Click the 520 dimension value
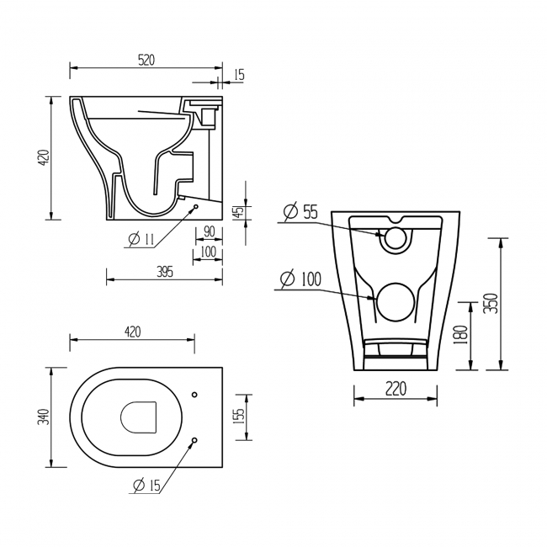pyautogui.click(x=145, y=60)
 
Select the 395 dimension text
pyautogui.click(x=164, y=271)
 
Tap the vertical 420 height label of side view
pyautogui.click(x=45, y=157)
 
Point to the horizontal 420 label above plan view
pyautogui.click(x=132, y=332)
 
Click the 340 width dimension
pyautogui.click(x=45, y=416)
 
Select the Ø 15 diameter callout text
pyautogui.click(x=146, y=485)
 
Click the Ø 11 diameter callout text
pyautogui.click(x=141, y=240)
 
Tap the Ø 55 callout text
pyautogui.click(x=300, y=212)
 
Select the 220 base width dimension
pyautogui.click(x=396, y=389)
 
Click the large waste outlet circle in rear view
pyautogui.click(x=395, y=302)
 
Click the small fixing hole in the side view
pyautogui.click(x=195, y=206)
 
